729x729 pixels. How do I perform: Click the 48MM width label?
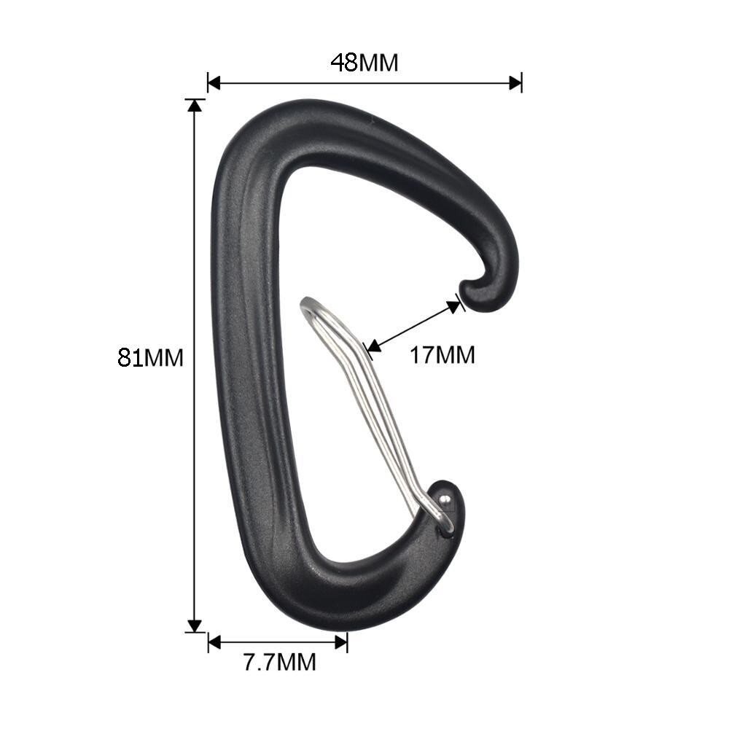point(364,63)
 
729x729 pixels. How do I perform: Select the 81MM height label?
point(150,358)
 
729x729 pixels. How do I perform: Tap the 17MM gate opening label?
point(442,355)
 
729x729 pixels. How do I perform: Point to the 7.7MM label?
point(279,663)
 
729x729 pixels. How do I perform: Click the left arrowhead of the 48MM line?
point(214,82)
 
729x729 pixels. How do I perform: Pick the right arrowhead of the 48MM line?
point(515,82)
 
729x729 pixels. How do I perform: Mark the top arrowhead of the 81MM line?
point(194,105)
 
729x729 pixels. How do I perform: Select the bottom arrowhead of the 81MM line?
point(194,625)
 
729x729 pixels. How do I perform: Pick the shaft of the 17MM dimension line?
point(413,326)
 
